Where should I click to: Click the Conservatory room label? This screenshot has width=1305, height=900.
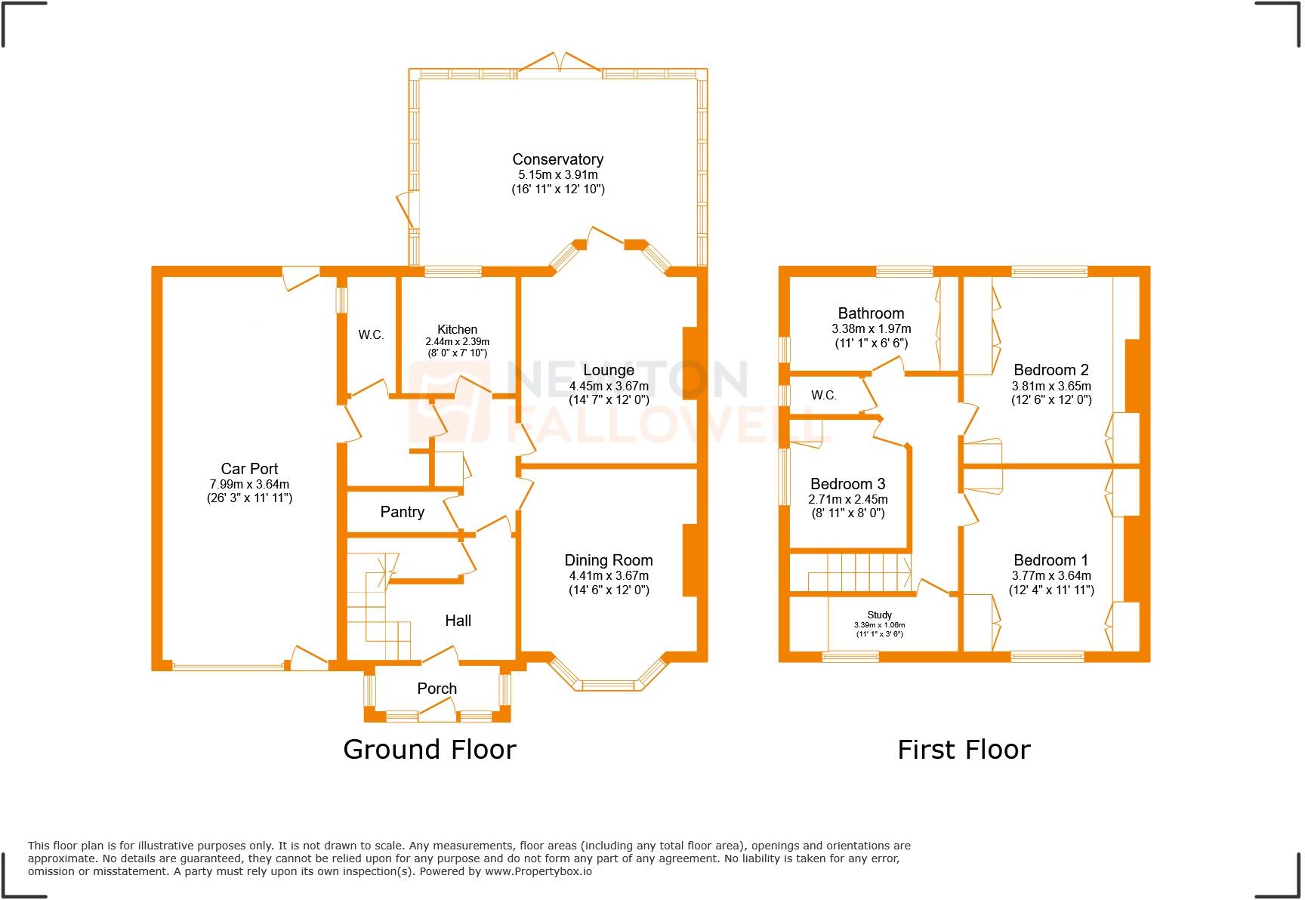point(557,159)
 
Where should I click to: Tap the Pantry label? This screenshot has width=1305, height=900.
point(402,512)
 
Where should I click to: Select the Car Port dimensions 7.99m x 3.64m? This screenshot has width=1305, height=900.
point(249,484)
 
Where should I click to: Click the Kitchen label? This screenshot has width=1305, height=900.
point(457,329)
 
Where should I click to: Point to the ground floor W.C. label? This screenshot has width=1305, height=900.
point(371,334)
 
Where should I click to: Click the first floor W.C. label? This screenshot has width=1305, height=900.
point(823,395)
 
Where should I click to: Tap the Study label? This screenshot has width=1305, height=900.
point(879,615)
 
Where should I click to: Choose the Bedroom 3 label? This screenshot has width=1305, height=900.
point(847,484)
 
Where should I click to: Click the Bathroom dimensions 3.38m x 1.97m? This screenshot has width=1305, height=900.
point(871,328)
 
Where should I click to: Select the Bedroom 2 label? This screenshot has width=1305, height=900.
point(1050,370)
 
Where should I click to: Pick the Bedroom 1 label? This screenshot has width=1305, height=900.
point(1050,560)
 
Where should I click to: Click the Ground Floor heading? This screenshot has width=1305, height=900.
point(429,749)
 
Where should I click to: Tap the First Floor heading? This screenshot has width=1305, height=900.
point(964,749)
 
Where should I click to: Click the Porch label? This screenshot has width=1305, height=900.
point(437,689)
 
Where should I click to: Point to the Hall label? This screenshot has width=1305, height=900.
point(458,621)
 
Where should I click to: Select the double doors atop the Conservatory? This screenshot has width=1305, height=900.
point(559,64)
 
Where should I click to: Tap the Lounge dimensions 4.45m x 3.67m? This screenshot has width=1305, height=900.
point(609,386)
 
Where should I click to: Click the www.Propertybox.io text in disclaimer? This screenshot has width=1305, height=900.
point(538,871)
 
